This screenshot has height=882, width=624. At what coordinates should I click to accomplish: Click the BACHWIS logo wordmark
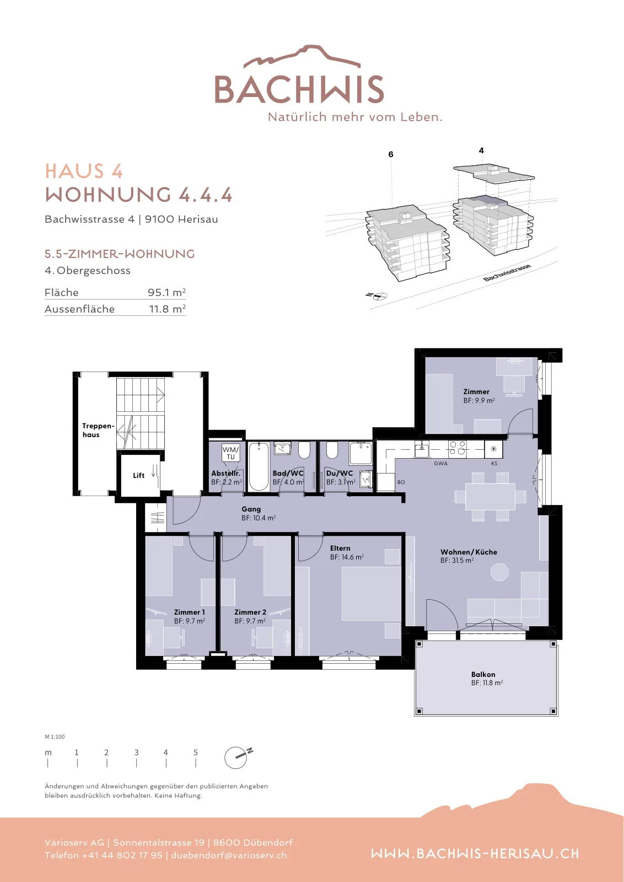pos(299,89)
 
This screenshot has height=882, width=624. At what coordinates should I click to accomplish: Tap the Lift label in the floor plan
pos(138,475)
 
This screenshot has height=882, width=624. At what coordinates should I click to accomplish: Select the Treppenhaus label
pos(98,430)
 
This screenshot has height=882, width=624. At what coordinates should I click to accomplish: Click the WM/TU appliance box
pos(230,453)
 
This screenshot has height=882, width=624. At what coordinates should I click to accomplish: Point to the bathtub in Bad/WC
pos(259,466)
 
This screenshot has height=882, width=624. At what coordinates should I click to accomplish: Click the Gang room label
pos(251,509)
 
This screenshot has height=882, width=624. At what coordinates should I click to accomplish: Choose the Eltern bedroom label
pos(340,548)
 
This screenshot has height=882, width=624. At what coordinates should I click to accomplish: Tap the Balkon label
pos(483,674)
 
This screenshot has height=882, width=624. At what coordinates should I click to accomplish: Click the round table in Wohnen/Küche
pos(499,572)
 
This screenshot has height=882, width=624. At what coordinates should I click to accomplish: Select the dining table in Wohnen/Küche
pos(490,497)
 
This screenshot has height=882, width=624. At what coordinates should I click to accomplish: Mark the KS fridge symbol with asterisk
pos(494,449)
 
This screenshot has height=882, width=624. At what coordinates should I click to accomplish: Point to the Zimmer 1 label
pos(190,612)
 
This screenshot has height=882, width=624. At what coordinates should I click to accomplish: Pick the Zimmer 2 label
pos(250,612)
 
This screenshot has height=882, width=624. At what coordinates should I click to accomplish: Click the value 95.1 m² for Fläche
pos(166,292)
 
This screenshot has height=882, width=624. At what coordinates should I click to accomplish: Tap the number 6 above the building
pos(390,154)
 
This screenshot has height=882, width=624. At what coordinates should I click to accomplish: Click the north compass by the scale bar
pos(236,757)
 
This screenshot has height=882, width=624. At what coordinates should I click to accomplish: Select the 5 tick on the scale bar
pos(196,763)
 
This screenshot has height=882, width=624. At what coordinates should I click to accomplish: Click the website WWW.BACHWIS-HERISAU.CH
pos(475,854)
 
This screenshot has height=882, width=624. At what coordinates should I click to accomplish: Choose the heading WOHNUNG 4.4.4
pos(138,195)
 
